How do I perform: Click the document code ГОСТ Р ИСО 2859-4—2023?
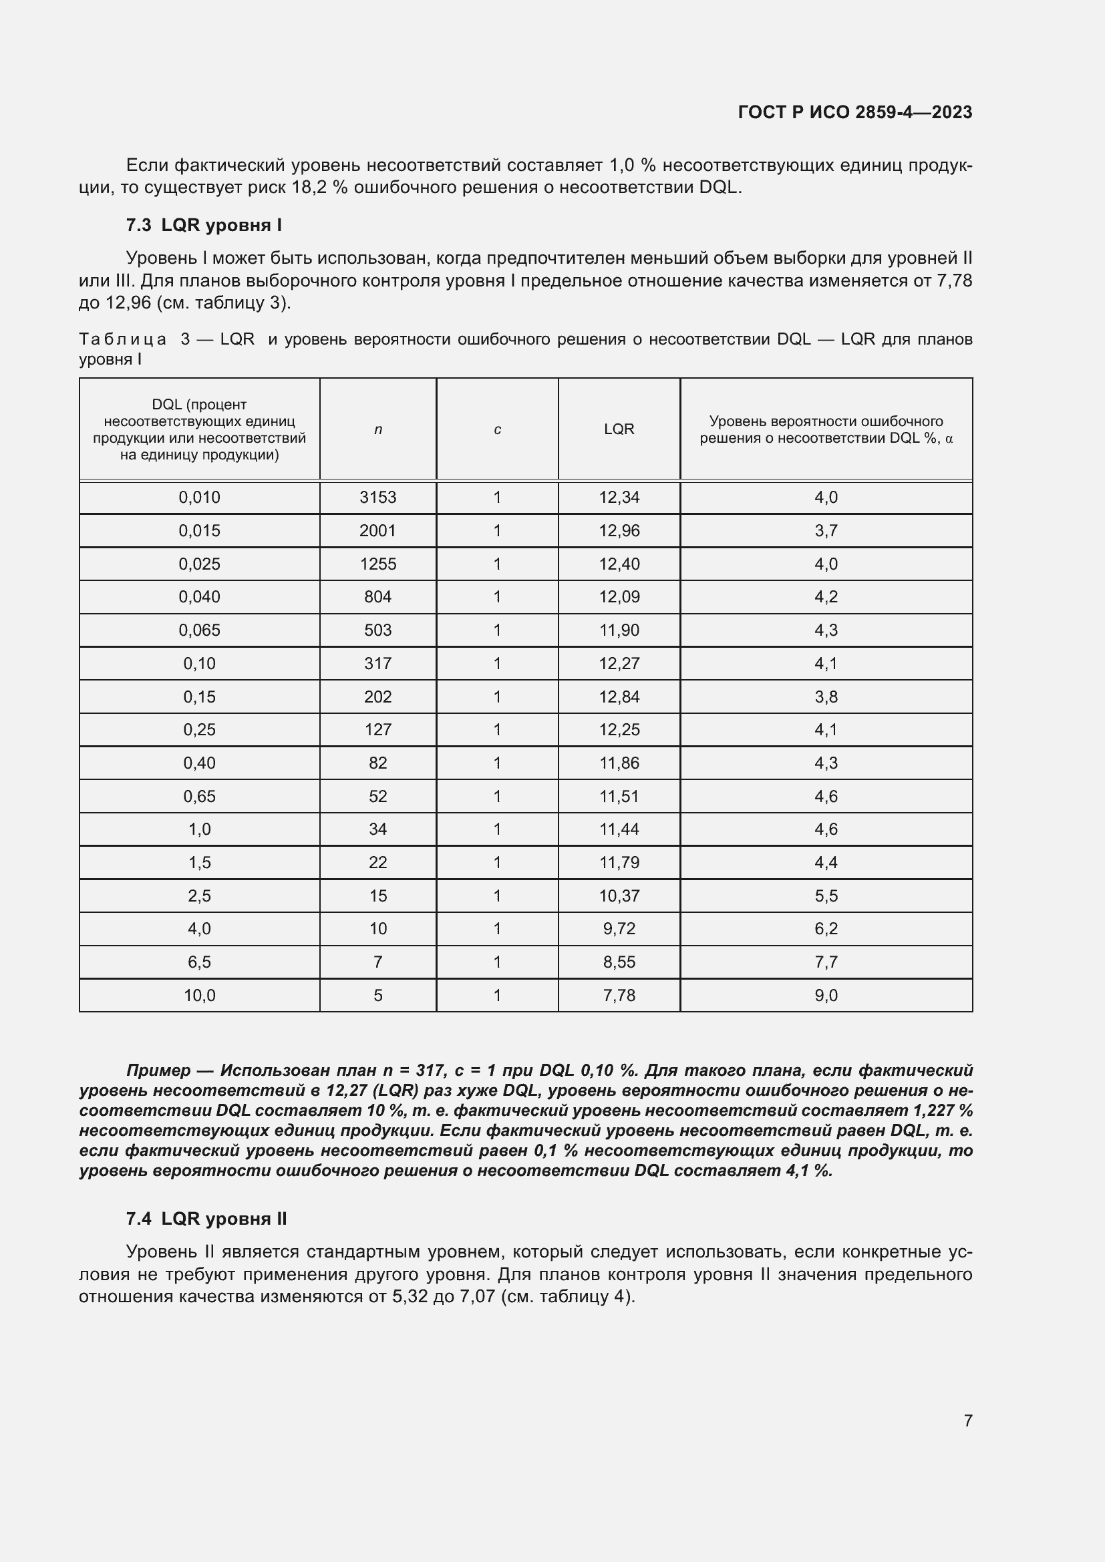pyautogui.click(x=854, y=112)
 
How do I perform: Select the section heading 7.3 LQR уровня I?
pyautogui.click(x=204, y=225)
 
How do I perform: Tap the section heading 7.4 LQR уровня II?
pyautogui.click(x=206, y=1219)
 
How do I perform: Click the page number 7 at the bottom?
pyautogui.click(x=967, y=1420)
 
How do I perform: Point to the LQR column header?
pyautogui.click(x=619, y=429)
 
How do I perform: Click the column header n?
pyautogui.click(x=377, y=429)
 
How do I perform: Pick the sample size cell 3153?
pyautogui.click(x=377, y=498)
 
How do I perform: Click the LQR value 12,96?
pyautogui.click(x=619, y=531)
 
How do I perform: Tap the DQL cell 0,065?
pyautogui.click(x=199, y=630)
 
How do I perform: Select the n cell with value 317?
pyautogui.click(x=377, y=663)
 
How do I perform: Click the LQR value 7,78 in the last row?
pyautogui.click(x=619, y=995)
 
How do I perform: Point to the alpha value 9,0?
pyautogui.click(x=825, y=995)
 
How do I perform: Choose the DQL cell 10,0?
pyautogui.click(x=199, y=995)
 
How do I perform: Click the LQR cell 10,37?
pyautogui.click(x=619, y=896)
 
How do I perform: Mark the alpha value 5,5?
pyautogui.click(x=825, y=896)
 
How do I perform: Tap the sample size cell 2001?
pyautogui.click(x=377, y=531)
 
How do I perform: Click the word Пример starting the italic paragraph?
pyautogui.click(x=158, y=1070)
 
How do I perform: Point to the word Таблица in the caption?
pyautogui.click(x=122, y=339)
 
